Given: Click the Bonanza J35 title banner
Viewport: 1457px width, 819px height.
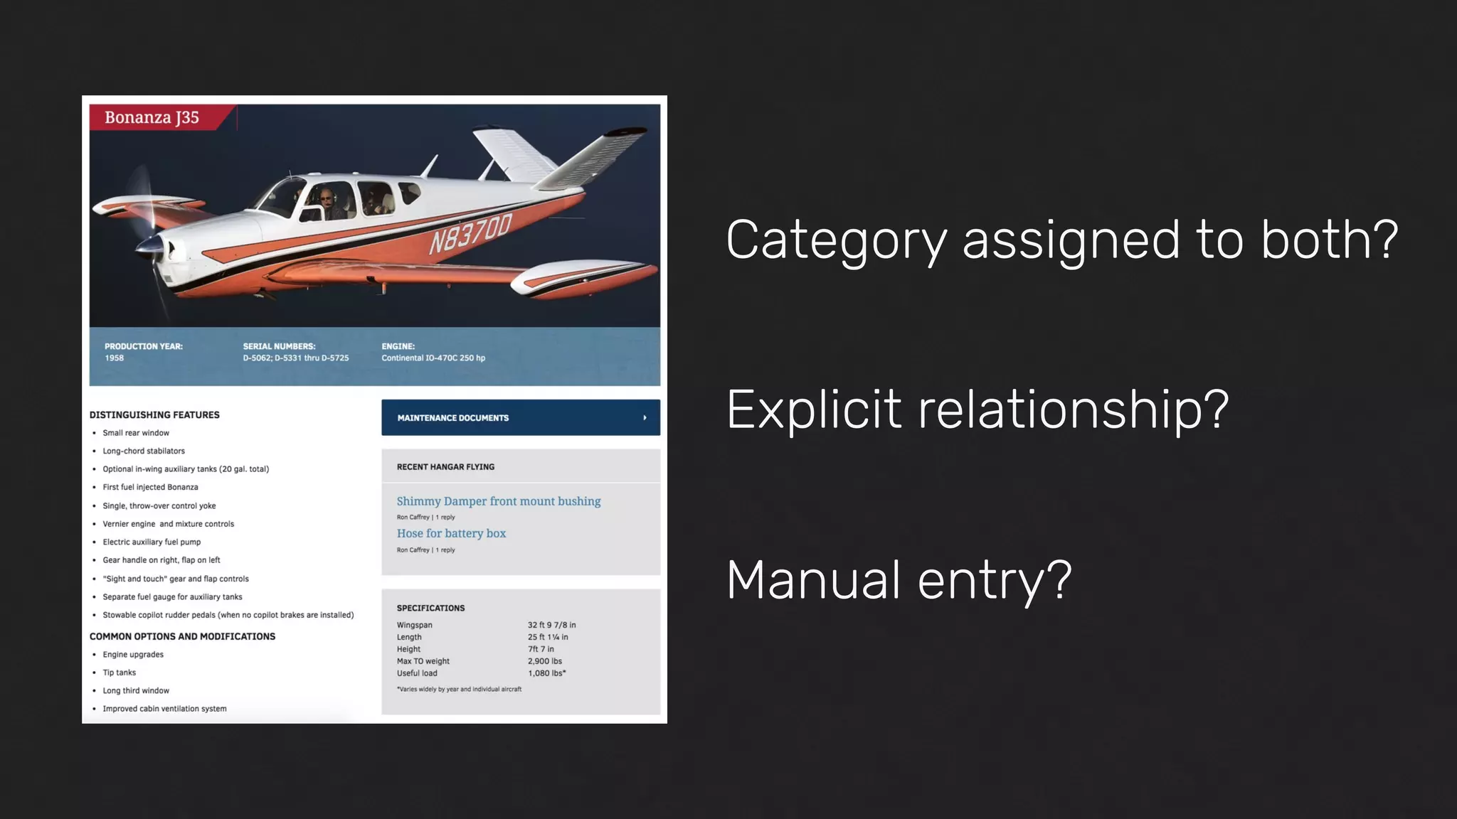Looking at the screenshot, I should point(152,117).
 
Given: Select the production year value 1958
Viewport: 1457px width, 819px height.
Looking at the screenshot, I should point(115,358).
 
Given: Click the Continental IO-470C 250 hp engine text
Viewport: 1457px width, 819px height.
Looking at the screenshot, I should point(433,358).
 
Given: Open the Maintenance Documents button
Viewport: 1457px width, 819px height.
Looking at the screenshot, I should point(520,418).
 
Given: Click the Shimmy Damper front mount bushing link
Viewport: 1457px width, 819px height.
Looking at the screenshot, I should point(498,501).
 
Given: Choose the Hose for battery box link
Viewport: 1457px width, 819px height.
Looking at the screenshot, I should point(451,533).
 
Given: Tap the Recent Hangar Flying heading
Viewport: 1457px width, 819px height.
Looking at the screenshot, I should point(445,467).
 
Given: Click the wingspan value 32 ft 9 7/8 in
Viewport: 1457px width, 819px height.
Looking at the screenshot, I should point(551,625).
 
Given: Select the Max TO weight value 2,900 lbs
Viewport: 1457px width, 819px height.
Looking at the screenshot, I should point(544,661).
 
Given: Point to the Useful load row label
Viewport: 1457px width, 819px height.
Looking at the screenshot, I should point(417,673).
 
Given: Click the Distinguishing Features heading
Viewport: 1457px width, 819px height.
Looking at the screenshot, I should point(154,415).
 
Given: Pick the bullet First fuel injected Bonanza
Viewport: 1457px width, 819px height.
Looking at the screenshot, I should point(150,488).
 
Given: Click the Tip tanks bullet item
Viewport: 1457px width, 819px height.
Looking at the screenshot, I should point(119,673).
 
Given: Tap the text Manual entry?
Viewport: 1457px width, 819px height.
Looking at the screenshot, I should point(899,580).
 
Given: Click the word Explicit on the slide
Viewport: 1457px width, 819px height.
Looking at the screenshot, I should point(814,409).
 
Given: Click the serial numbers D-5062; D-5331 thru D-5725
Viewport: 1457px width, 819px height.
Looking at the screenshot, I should point(296,358).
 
